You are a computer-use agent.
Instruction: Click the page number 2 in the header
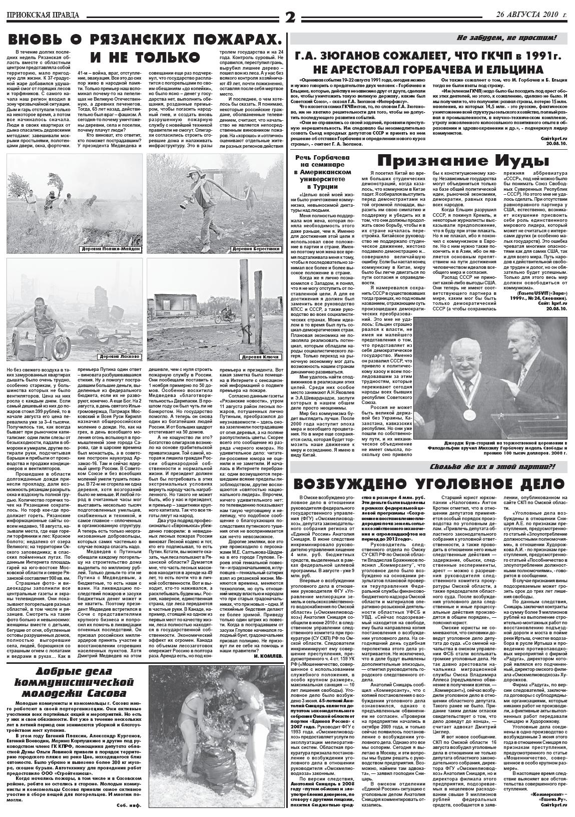pyautogui.click(x=290, y=17)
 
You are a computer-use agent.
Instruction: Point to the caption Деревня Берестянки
pyautogui.click(x=257, y=249)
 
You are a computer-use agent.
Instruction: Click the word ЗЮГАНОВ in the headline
pyautogui.click(x=352, y=56)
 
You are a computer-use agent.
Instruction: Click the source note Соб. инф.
pyautogui.click(x=128, y=805)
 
